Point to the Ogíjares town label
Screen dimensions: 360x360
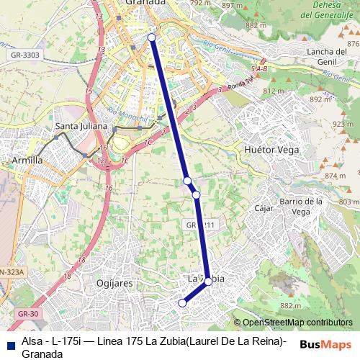[x=114, y=284]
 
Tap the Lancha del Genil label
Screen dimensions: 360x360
[x=327, y=55]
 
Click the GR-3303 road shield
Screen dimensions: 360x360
[x=24, y=55]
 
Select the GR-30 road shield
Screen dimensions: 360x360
[x=28, y=315]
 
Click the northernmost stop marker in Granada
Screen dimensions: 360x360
[x=152, y=37]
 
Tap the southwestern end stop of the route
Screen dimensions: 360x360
[x=182, y=303]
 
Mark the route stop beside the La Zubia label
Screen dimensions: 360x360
[x=208, y=282]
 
